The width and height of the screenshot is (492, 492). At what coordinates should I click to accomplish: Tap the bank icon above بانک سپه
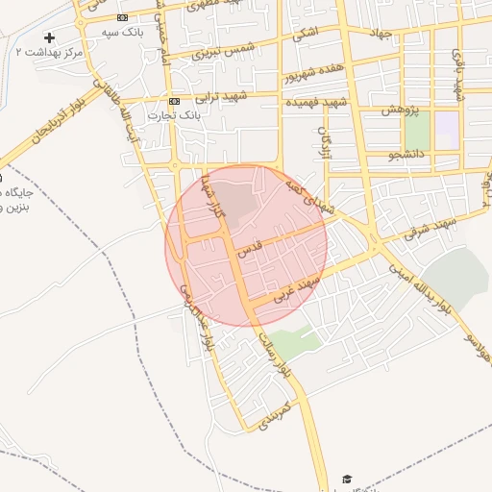(x=122, y=18)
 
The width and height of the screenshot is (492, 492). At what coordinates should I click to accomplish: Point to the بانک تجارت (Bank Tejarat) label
(x=174, y=115)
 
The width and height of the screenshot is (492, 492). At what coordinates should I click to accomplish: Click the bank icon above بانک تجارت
(x=174, y=101)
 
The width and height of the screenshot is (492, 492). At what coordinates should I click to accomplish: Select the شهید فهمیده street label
(x=315, y=102)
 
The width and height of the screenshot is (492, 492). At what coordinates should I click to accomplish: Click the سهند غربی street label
(x=293, y=285)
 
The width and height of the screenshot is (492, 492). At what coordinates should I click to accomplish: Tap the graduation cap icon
(x=346, y=479)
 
